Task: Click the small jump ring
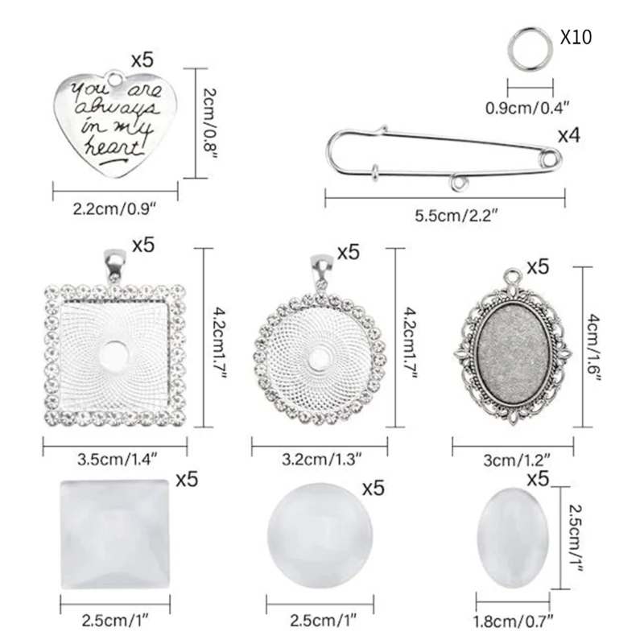pos(527,46)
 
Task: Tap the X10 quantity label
pos(576,38)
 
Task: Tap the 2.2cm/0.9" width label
pos(114,208)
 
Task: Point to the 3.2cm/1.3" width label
pos(321,460)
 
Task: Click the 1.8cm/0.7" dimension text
pos(514,621)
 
